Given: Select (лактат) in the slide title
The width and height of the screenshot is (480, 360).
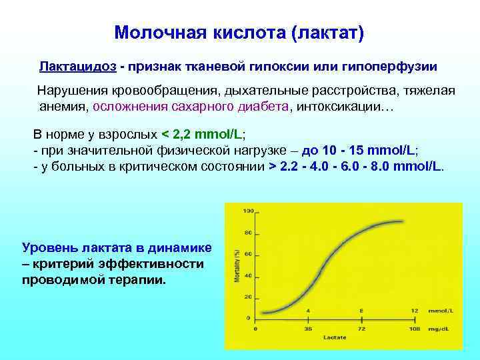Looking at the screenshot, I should pyautogui.click(x=327, y=33).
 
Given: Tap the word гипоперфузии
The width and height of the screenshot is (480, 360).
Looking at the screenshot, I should pyautogui.click(x=399, y=67).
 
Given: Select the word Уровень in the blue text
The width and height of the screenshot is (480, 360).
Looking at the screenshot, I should pyautogui.click(x=48, y=247).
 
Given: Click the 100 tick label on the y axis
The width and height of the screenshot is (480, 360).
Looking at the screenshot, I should pyautogui.click(x=249, y=211).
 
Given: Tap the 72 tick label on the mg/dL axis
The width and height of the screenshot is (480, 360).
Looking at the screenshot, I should pyautogui.click(x=361, y=329).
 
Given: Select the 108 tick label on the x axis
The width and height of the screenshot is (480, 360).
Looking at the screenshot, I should pyautogui.click(x=414, y=329).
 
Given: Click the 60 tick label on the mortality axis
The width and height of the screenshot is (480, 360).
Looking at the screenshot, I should pyautogui.click(x=249, y=254).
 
